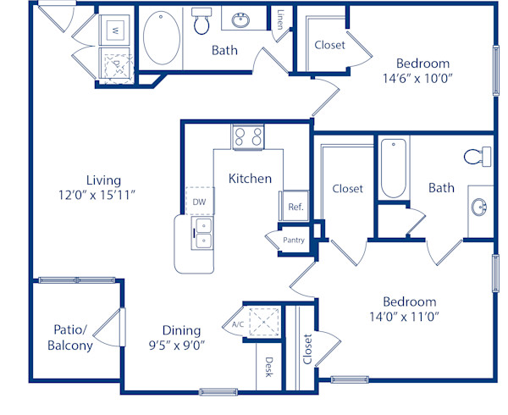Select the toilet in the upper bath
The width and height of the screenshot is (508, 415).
pos(202,23)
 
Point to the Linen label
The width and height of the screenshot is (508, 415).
pos(280,18)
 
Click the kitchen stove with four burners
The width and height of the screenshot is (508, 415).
pos(248,136)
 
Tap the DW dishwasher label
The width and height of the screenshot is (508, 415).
pos(199,202)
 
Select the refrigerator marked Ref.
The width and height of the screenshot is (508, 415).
pos(295,207)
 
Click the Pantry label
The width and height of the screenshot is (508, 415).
pos(293,240)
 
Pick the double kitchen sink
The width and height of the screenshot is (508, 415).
pos(202,234)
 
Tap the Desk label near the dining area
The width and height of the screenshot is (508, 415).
pos(268,366)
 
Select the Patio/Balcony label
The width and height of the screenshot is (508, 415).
pos(70,337)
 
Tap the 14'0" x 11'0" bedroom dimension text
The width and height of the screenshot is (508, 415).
pos(409,317)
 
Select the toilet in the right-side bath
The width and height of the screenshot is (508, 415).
pos(477,157)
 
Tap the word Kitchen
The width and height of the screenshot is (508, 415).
pos(250,178)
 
